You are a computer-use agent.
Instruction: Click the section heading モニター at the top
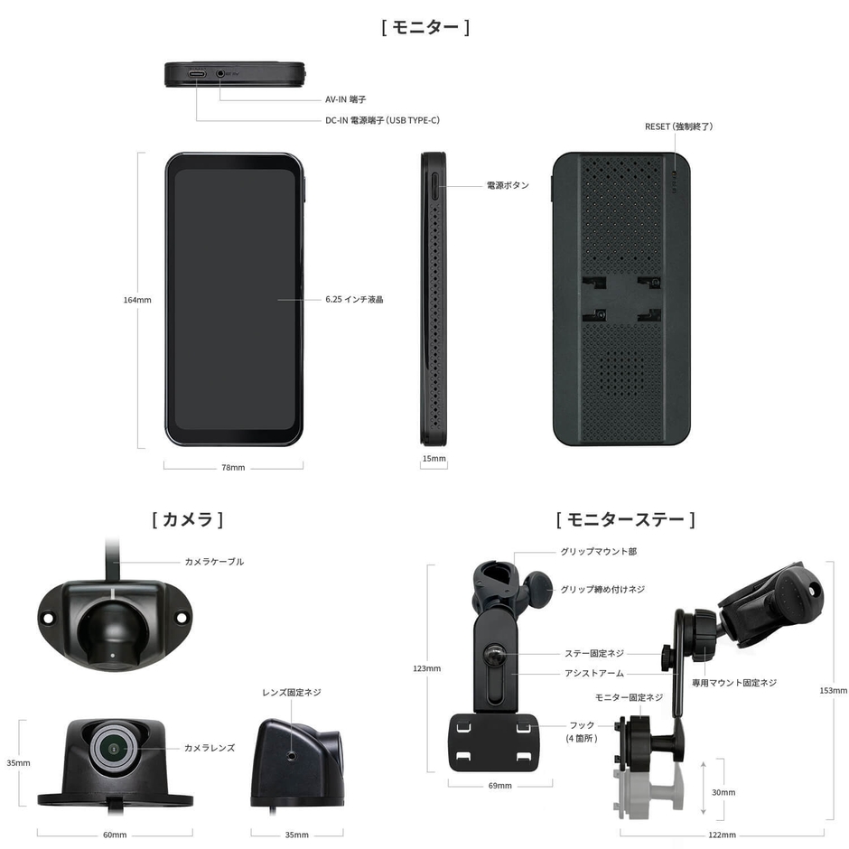click(425, 27)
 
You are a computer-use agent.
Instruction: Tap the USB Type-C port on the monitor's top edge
click(197, 74)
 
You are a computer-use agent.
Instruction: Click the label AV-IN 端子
click(345, 99)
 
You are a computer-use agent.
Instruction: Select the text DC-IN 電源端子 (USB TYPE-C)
click(382, 120)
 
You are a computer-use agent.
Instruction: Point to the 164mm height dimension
click(137, 300)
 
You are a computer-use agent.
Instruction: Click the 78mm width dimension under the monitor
click(233, 467)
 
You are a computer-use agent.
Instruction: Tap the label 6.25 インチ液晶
click(354, 300)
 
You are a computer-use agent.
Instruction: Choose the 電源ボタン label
click(508, 185)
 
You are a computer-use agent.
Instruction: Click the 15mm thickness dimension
click(434, 459)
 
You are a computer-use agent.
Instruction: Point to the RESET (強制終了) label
click(678, 126)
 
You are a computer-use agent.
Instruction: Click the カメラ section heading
click(188, 520)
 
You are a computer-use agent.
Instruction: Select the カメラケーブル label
click(214, 562)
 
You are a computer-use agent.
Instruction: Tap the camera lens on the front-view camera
click(114, 749)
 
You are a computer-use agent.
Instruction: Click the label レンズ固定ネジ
click(292, 693)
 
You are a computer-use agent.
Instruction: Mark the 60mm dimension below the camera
click(115, 835)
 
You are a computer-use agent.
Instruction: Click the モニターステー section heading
click(625, 520)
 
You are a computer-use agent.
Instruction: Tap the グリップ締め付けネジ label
click(602, 589)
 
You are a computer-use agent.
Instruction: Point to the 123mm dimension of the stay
click(426, 668)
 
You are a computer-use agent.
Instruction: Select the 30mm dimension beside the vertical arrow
click(723, 793)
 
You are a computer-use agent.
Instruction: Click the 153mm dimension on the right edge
click(834, 691)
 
